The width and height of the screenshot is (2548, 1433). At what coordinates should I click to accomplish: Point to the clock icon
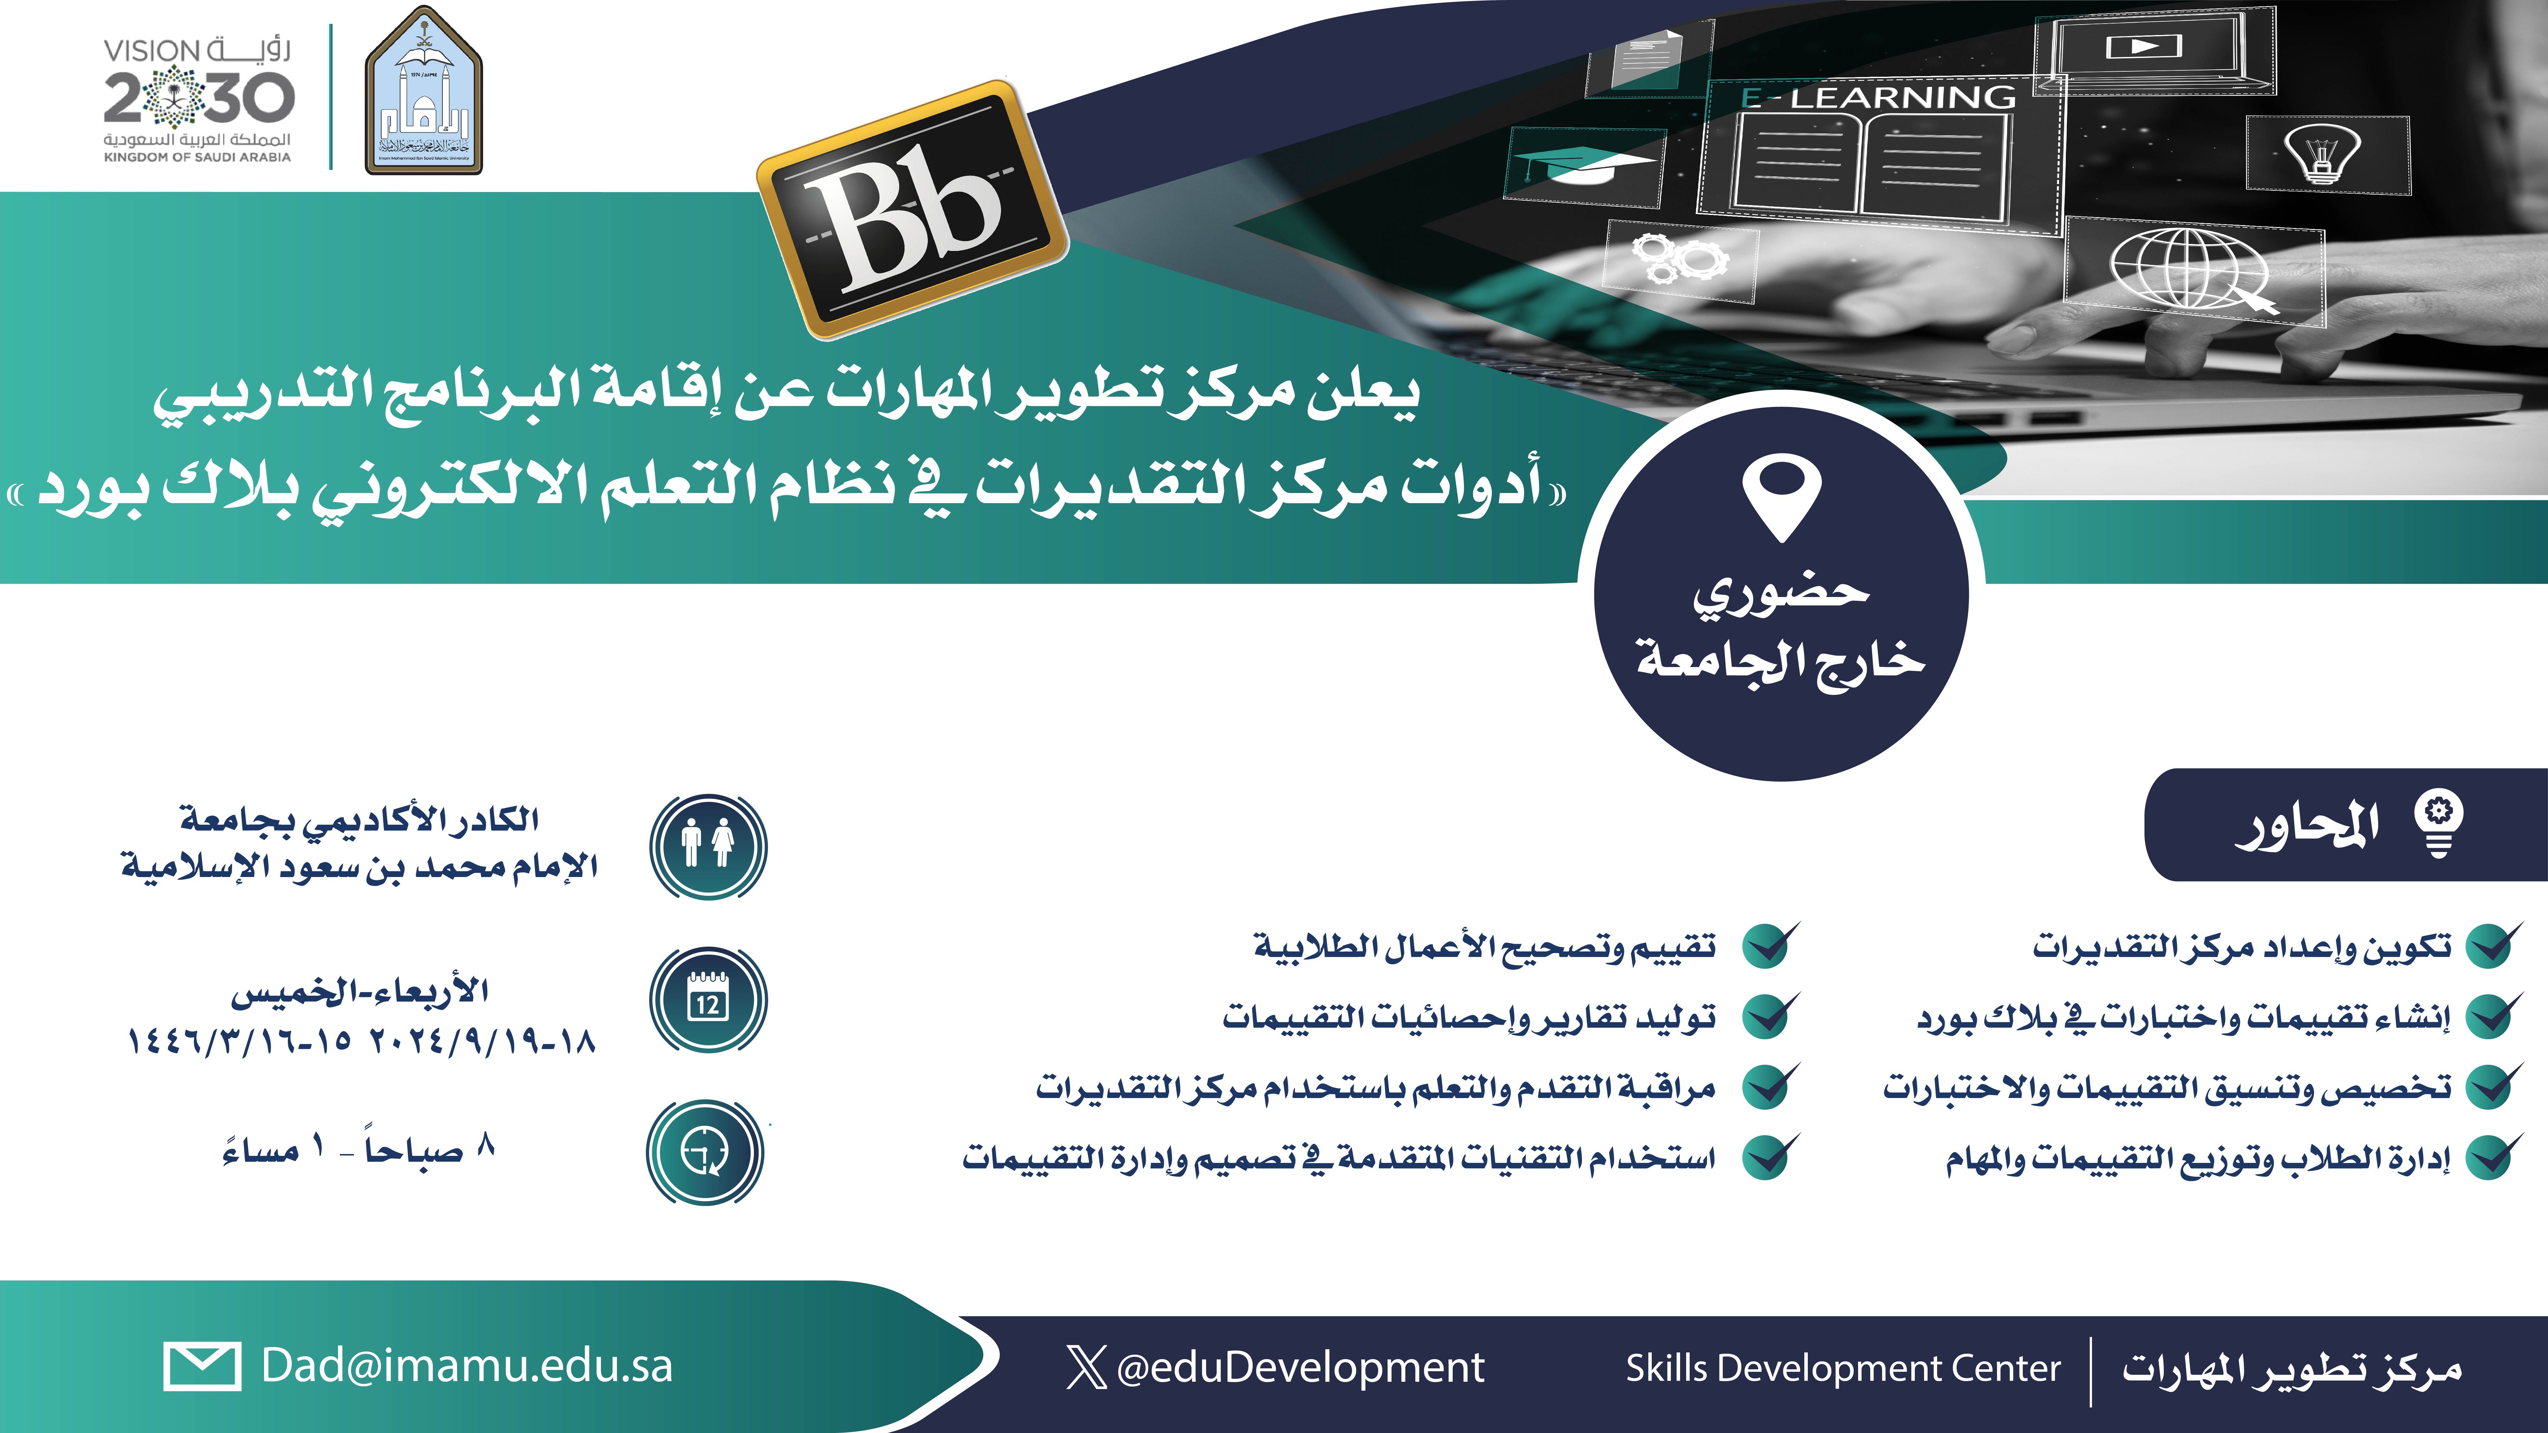coord(705,1152)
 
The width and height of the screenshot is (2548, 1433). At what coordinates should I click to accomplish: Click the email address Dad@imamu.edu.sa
coord(467,1366)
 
